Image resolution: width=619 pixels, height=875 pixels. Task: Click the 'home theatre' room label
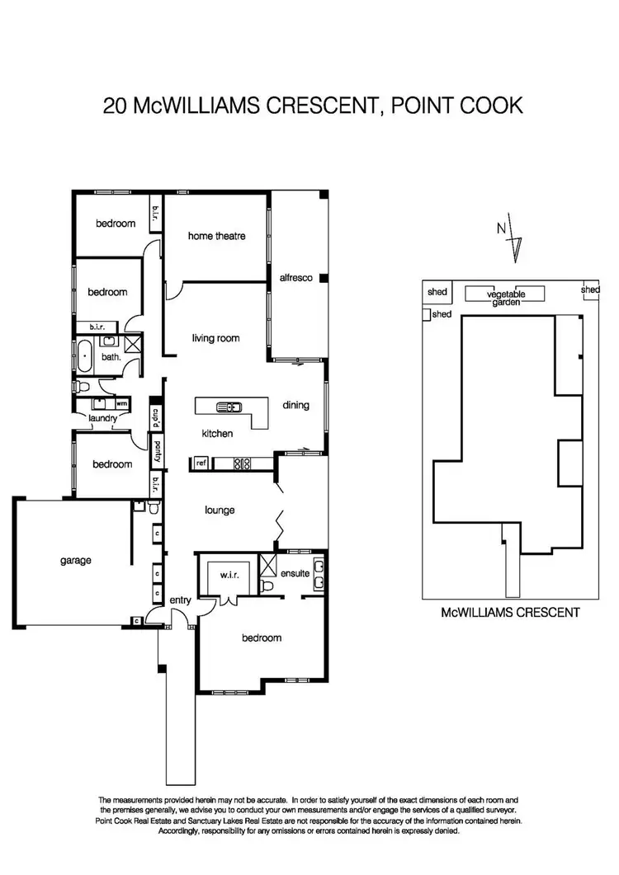click(217, 236)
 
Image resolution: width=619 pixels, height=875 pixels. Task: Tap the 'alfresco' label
click(295, 279)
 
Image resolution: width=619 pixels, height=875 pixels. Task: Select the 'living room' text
click(215, 338)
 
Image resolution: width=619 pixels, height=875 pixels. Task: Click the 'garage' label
click(75, 560)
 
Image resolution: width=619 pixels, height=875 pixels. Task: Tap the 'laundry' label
click(104, 418)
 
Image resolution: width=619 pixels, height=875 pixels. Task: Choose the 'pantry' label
click(156, 453)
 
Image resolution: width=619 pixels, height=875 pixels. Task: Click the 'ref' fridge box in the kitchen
click(201, 463)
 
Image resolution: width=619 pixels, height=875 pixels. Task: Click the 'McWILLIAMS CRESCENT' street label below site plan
click(511, 612)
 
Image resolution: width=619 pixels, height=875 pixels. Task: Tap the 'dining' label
click(295, 405)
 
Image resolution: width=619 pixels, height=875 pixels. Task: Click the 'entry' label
click(180, 601)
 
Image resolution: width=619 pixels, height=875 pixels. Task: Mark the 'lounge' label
click(220, 510)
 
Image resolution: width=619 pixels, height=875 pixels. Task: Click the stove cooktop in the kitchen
click(242, 463)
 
